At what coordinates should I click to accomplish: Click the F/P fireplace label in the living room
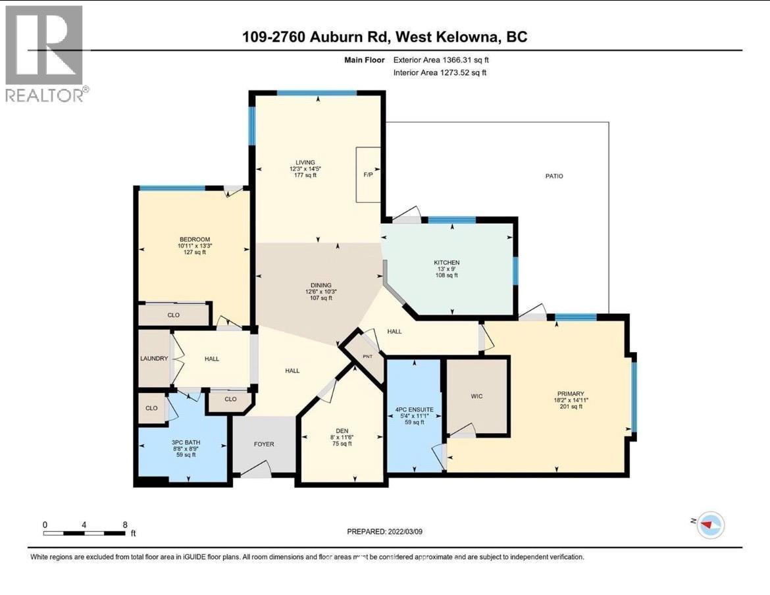(x=369, y=176)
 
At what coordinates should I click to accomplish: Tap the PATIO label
(x=554, y=176)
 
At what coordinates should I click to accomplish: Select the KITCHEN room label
(x=447, y=263)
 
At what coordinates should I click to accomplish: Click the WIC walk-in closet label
(x=478, y=396)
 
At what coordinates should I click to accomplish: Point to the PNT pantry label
(x=367, y=356)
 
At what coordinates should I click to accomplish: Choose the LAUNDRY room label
(x=154, y=359)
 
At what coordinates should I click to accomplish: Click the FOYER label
(x=263, y=444)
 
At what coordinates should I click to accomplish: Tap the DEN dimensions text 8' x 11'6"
(x=341, y=436)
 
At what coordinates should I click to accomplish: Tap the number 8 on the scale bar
(x=125, y=525)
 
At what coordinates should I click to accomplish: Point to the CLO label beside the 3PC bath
(x=151, y=408)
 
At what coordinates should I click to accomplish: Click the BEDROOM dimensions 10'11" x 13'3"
(x=194, y=246)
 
